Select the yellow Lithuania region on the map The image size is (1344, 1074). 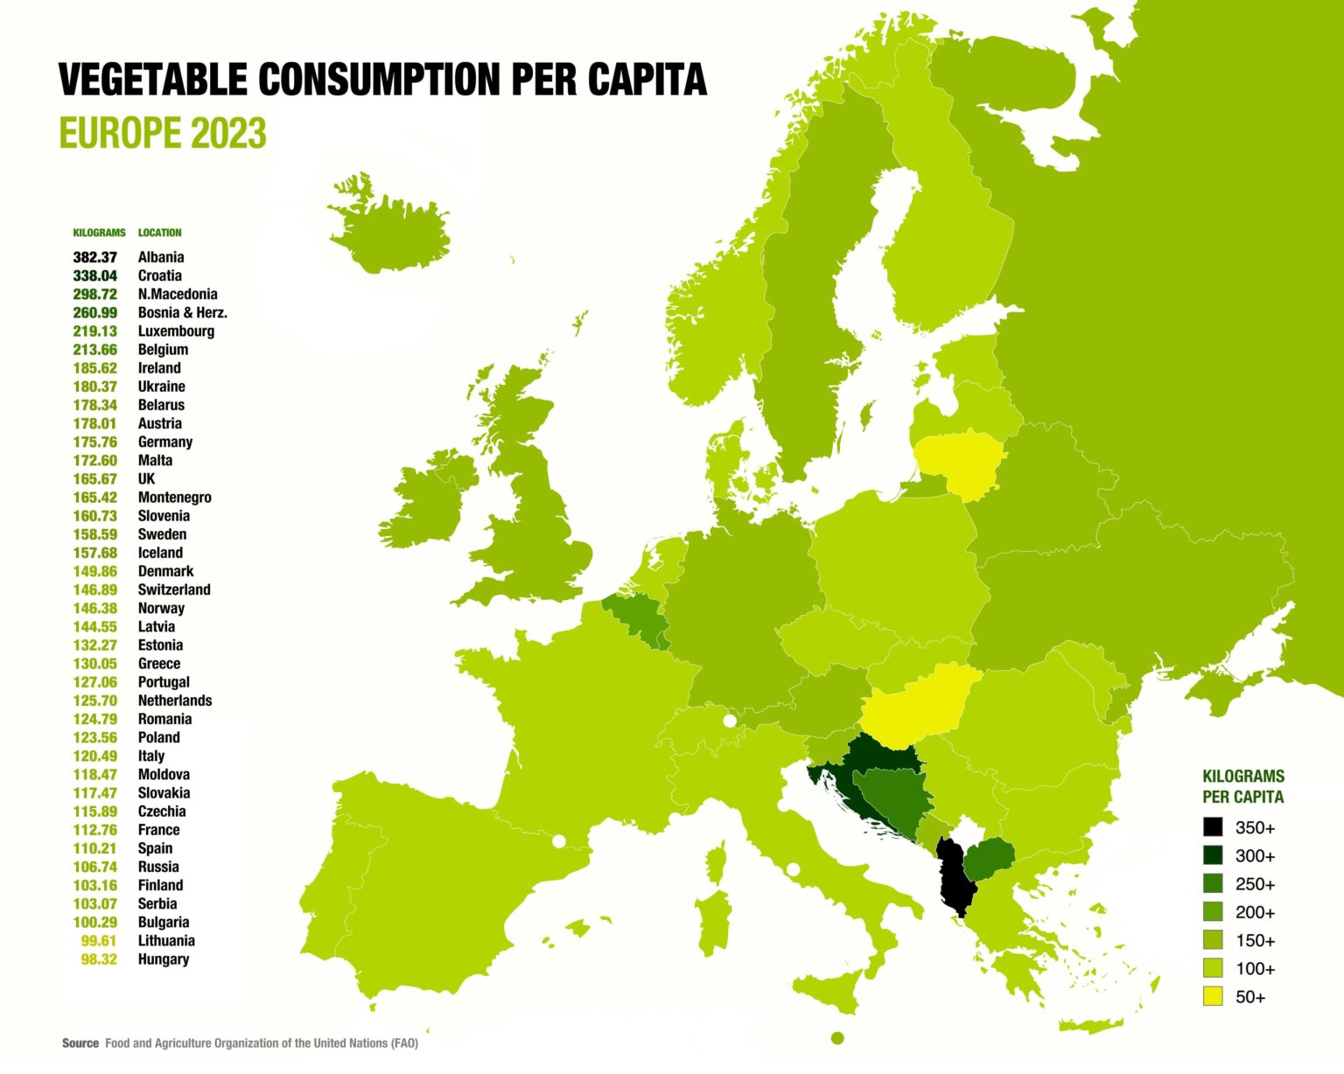[x=959, y=460]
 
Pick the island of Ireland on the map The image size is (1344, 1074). [x=429, y=503]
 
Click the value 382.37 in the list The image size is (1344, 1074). [x=94, y=257]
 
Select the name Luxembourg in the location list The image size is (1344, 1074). [x=176, y=331]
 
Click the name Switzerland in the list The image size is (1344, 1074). [x=174, y=589]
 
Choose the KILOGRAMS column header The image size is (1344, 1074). [x=99, y=233]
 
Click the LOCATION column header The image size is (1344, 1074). [x=160, y=233]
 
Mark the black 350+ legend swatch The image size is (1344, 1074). [x=1213, y=827]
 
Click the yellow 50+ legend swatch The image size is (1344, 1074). [x=1213, y=996]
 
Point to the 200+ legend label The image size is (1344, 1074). [x=1255, y=912]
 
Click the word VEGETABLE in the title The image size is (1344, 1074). [x=153, y=80]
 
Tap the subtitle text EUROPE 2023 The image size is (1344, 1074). [x=162, y=134]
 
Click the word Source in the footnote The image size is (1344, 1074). [x=80, y=1043]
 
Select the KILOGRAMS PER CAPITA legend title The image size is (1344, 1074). [x=1242, y=786]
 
